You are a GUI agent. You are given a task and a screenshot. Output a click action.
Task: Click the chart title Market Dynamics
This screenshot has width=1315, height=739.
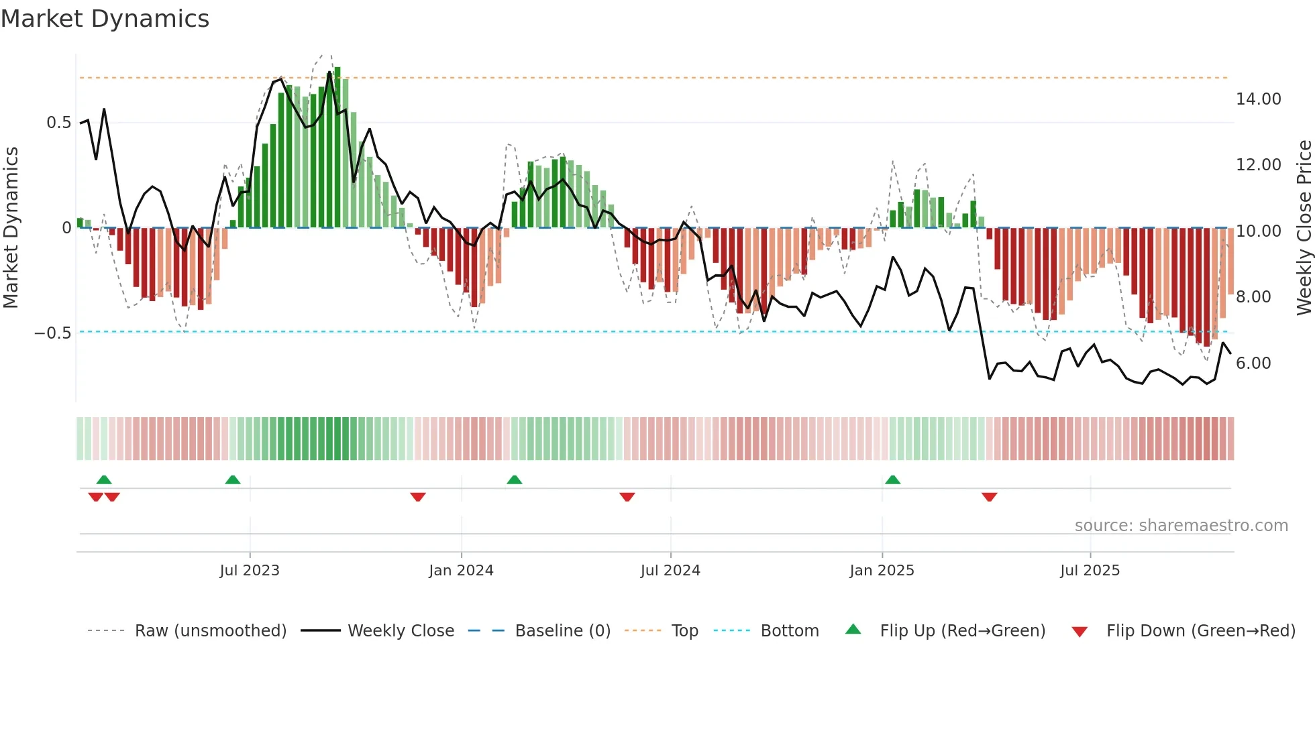(105, 19)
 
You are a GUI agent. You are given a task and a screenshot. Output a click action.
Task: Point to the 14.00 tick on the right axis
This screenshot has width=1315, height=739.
(1258, 99)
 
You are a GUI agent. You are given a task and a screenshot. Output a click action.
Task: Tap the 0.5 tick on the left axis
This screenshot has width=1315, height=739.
(58, 123)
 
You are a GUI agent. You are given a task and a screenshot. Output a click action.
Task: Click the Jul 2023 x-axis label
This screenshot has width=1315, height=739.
(250, 571)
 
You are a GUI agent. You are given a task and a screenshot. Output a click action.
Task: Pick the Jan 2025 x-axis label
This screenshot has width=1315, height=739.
(882, 571)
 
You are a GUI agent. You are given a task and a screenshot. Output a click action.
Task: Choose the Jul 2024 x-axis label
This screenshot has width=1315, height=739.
(670, 571)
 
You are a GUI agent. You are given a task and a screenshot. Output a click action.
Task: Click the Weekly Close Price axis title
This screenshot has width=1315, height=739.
(1304, 227)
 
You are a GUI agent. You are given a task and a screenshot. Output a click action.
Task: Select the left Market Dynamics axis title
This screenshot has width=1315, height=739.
(11, 227)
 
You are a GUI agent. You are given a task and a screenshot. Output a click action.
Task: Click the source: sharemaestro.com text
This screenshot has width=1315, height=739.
(1181, 526)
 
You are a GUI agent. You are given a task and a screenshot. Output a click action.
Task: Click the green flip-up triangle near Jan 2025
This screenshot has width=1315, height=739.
(892, 480)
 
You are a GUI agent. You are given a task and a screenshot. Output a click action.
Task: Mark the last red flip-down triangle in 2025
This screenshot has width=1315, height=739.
(989, 497)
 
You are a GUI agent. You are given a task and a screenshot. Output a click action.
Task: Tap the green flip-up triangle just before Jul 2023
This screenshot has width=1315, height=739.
(233, 480)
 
